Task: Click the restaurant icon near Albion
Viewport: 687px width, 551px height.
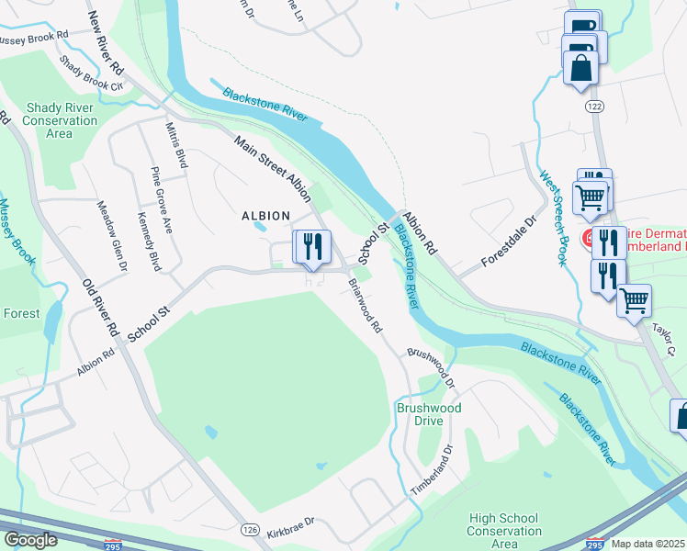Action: tap(311, 246)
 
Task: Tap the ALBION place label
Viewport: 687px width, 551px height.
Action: tap(265, 216)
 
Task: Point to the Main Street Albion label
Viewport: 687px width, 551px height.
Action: tap(273, 163)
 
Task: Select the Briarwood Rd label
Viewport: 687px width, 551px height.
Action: tap(365, 304)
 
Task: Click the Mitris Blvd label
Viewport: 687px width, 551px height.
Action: tap(176, 145)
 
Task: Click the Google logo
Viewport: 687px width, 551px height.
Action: tap(30, 540)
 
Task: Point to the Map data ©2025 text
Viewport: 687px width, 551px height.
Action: tap(648, 544)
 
